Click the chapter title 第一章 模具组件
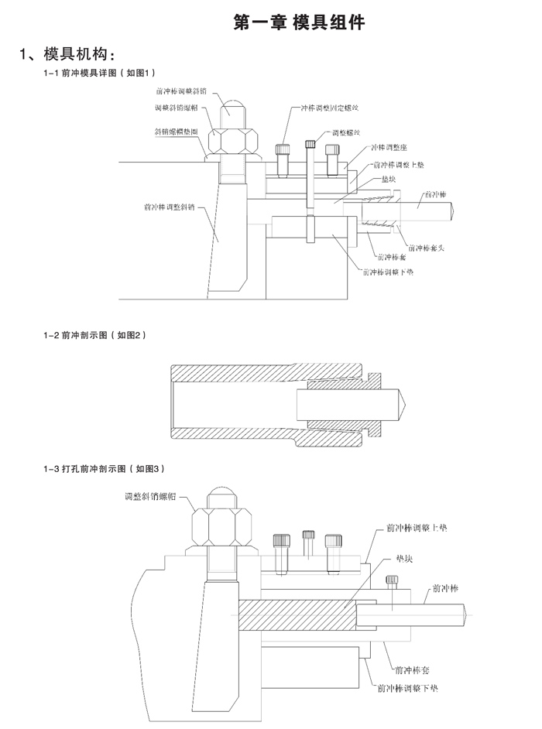(x=299, y=23)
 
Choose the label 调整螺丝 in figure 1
(x=347, y=132)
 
